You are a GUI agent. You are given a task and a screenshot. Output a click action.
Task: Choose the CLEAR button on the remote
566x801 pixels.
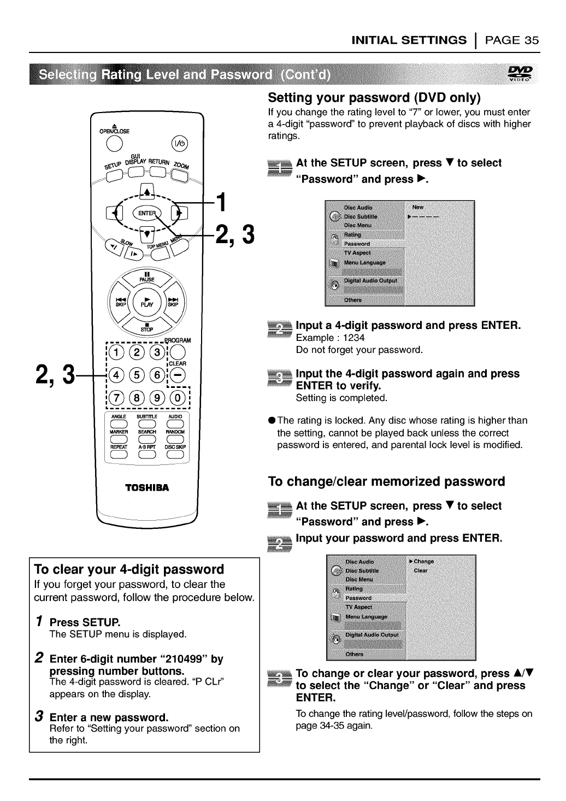[178, 375]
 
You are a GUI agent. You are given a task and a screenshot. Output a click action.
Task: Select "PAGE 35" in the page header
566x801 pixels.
[512, 40]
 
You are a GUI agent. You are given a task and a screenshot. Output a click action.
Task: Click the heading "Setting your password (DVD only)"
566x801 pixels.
[375, 98]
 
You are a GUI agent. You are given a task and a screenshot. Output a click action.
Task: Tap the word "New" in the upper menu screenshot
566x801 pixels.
[418, 207]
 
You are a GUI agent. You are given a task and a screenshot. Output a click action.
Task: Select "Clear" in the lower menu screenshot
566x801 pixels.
[421, 570]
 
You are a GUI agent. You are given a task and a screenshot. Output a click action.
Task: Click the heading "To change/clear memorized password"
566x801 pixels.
[386, 481]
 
